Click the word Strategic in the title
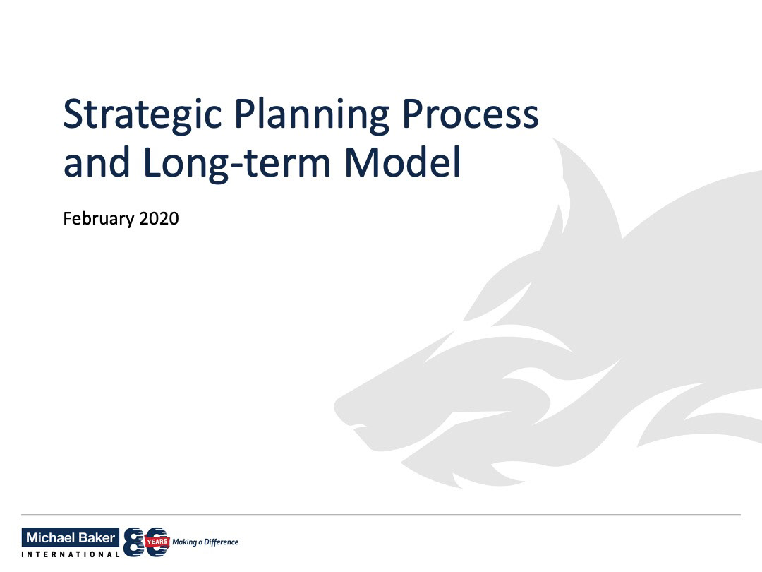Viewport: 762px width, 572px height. [x=143, y=115]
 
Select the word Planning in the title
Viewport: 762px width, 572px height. [x=312, y=115]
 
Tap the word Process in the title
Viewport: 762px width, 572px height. [x=471, y=114]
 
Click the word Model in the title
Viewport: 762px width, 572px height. [x=403, y=162]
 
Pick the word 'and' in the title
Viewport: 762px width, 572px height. [x=97, y=162]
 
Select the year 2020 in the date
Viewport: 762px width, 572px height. [x=159, y=218]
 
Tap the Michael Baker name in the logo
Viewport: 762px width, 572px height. [x=71, y=537]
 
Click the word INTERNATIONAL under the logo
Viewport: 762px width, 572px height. [x=71, y=554]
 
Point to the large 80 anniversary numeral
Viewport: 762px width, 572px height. [x=146, y=542]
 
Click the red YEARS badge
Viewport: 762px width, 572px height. [x=157, y=542]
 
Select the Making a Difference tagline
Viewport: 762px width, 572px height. [x=205, y=542]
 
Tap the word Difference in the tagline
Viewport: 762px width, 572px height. [x=221, y=542]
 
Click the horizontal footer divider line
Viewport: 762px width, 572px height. [x=381, y=514]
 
